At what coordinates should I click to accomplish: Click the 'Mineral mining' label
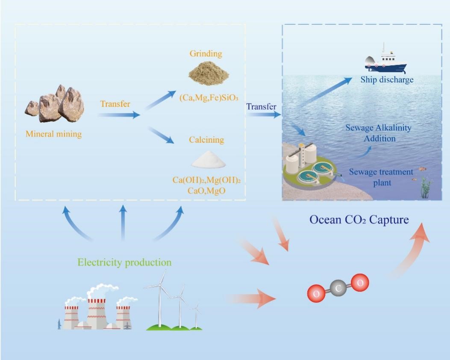pos(53,134)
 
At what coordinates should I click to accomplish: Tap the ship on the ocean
pos(384,61)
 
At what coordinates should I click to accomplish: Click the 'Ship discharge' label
pos(387,80)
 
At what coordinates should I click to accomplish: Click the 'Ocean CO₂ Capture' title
pos(359,220)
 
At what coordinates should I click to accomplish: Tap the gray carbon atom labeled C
pos(338,289)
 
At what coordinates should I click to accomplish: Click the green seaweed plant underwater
pos(426,188)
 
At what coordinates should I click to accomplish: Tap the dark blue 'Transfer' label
pos(261,106)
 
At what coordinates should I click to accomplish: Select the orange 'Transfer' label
pos(115,104)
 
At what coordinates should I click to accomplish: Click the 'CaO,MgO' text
pos(207,191)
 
